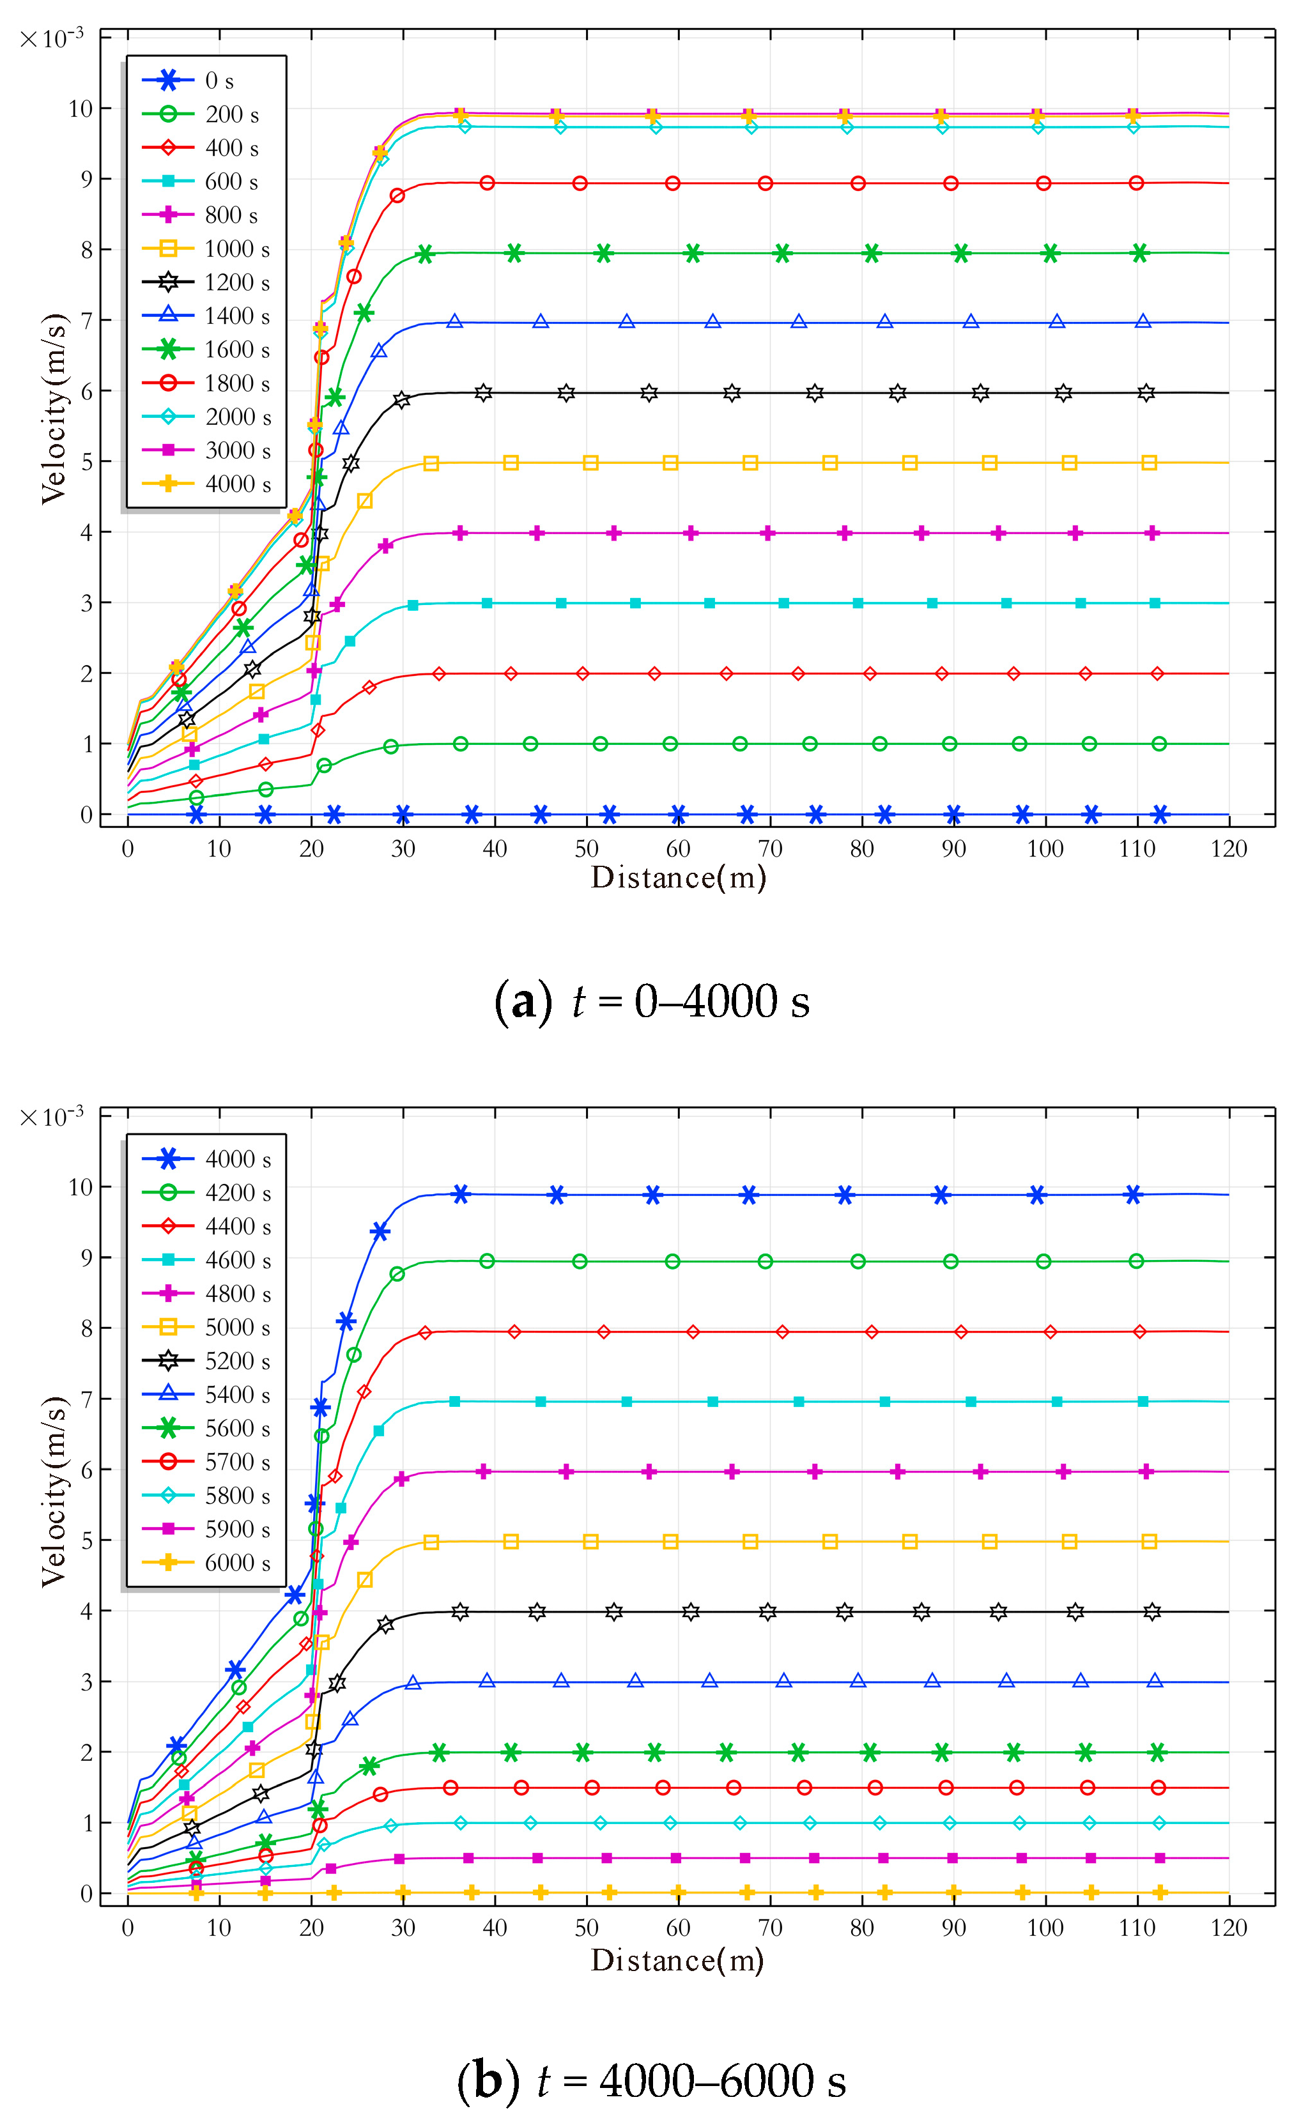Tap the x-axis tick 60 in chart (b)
[678, 1928]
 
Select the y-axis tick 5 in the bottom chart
[86, 1541]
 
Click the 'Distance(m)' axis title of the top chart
[678, 877]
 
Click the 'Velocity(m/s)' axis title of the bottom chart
[53, 1491]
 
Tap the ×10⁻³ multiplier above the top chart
[52, 39]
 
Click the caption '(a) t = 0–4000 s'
[651, 1001]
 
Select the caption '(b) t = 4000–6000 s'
[651, 2081]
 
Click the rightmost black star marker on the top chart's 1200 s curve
[1145, 393]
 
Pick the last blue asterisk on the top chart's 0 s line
[1160, 814]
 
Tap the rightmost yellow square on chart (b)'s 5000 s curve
[1149, 1542]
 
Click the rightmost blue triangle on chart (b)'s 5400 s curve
[1155, 1681]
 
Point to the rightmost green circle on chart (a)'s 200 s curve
[1159, 744]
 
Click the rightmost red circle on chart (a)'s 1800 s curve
[1135, 183]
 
